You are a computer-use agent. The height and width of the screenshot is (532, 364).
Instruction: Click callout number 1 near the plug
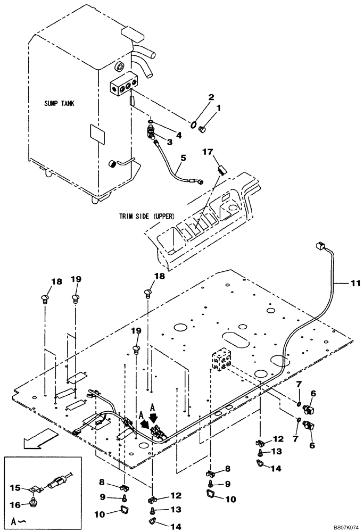point(217,108)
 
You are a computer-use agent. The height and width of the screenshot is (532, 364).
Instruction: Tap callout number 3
point(170,141)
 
